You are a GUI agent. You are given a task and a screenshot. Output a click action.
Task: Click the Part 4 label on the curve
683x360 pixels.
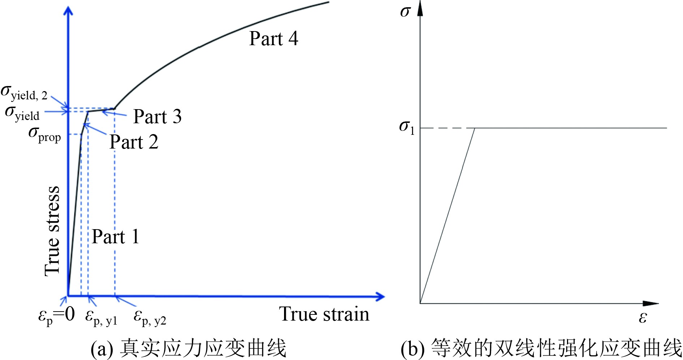[x=274, y=39]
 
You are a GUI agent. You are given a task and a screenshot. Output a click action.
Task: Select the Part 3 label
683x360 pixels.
[x=157, y=117]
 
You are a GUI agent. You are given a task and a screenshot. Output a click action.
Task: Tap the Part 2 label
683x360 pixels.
[x=134, y=142]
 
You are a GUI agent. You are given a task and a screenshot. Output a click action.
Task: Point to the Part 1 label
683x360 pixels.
[x=115, y=237]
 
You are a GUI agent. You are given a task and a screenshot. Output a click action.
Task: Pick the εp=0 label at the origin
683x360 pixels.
[x=56, y=315]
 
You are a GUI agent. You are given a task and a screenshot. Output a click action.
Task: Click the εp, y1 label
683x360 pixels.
[x=101, y=317]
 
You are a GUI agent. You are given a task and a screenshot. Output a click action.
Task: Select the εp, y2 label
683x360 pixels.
[x=150, y=317]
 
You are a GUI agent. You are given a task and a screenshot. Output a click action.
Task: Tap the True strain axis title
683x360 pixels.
[x=324, y=314]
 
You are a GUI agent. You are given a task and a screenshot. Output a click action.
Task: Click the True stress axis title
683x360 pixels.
[x=52, y=231]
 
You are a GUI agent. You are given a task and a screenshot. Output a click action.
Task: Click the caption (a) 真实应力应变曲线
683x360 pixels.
[x=188, y=348]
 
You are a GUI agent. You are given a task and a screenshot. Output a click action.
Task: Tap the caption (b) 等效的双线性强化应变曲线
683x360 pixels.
[x=541, y=348]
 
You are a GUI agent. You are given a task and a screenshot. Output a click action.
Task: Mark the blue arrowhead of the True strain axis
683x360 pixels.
[x=380, y=297]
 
